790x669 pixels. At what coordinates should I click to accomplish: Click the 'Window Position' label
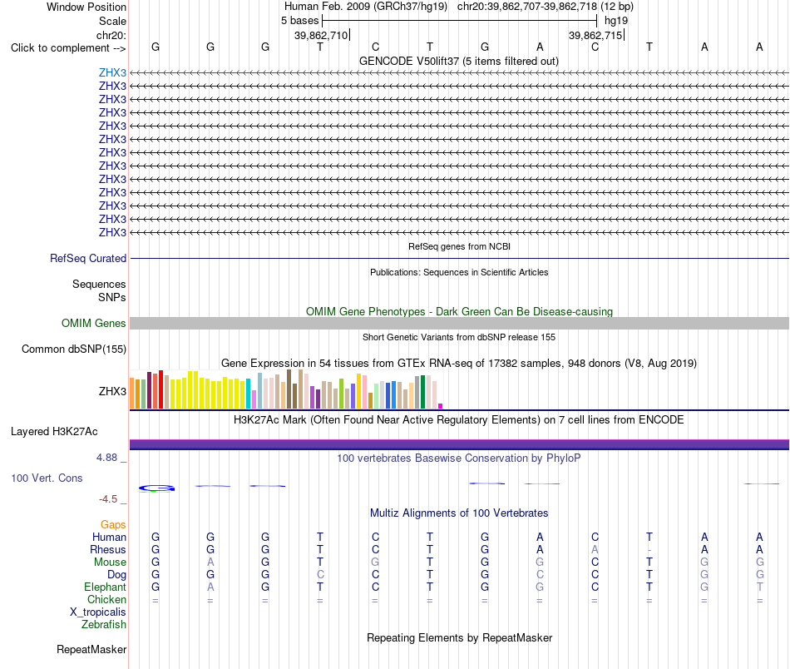[86, 7]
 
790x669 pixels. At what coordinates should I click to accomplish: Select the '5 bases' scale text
[299, 21]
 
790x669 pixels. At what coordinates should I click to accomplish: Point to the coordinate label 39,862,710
[321, 35]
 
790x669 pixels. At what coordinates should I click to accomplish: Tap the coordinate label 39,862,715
[595, 35]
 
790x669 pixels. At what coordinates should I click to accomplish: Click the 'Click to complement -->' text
[68, 48]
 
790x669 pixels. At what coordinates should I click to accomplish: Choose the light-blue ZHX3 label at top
[112, 72]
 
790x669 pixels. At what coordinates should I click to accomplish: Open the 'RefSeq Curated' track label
[88, 258]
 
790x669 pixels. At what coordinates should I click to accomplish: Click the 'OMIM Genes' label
[94, 323]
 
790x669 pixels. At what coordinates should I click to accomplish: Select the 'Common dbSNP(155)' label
[74, 349]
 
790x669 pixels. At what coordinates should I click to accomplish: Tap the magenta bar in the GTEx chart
[441, 406]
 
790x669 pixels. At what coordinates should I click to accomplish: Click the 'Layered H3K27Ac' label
[54, 432]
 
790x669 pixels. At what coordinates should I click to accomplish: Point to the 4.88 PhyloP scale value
[106, 458]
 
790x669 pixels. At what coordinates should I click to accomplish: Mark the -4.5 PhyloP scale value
[108, 499]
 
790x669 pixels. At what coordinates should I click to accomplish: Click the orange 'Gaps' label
[113, 525]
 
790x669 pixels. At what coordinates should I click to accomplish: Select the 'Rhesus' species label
[108, 549]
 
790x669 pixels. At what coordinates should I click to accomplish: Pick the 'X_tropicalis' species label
[98, 612]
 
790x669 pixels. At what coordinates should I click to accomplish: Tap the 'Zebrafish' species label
[104, 624]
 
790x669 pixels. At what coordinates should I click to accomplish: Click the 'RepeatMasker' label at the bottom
[91, 649]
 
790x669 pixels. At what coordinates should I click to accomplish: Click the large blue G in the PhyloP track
[156, 488]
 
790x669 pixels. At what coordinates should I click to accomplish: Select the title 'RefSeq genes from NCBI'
[459, 246]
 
